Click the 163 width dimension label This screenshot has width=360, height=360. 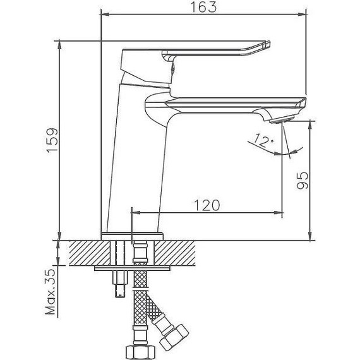pos(203,7)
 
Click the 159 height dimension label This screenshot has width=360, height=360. pos(52,140)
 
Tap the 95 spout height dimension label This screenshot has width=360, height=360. pos(302,180)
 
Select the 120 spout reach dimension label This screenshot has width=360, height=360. pos(207,205)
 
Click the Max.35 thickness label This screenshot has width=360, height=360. pos(51,292)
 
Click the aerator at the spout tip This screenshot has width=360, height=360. pos(282,120)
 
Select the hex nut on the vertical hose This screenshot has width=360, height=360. pos(141,351)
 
